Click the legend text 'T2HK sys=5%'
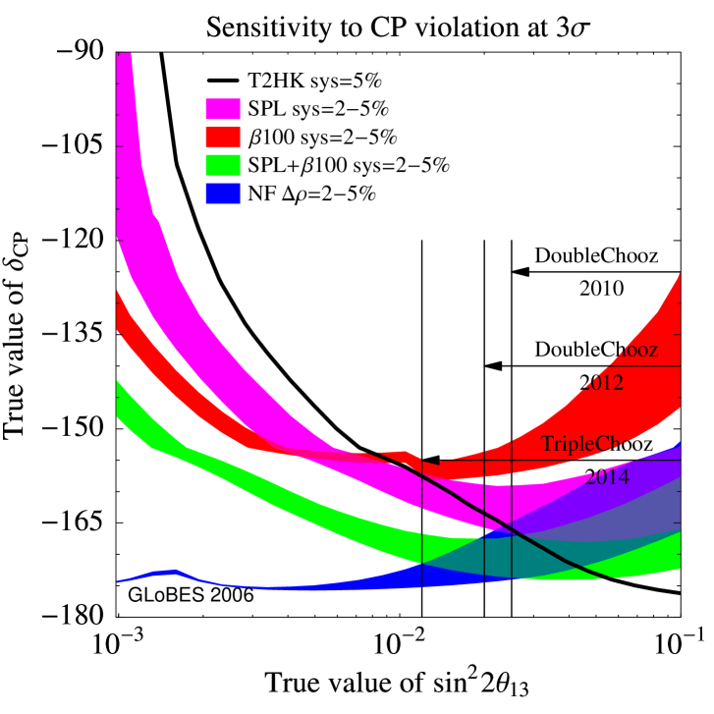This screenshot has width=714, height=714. (302, 81)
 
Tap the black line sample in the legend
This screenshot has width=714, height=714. (224, 81)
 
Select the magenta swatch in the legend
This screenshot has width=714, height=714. (224, 108)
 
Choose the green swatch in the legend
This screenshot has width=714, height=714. (224, 165)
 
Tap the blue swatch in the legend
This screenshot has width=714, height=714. (224, 193)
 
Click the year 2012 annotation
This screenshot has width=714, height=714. (602, 383)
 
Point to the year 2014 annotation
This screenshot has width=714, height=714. (607, 478)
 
